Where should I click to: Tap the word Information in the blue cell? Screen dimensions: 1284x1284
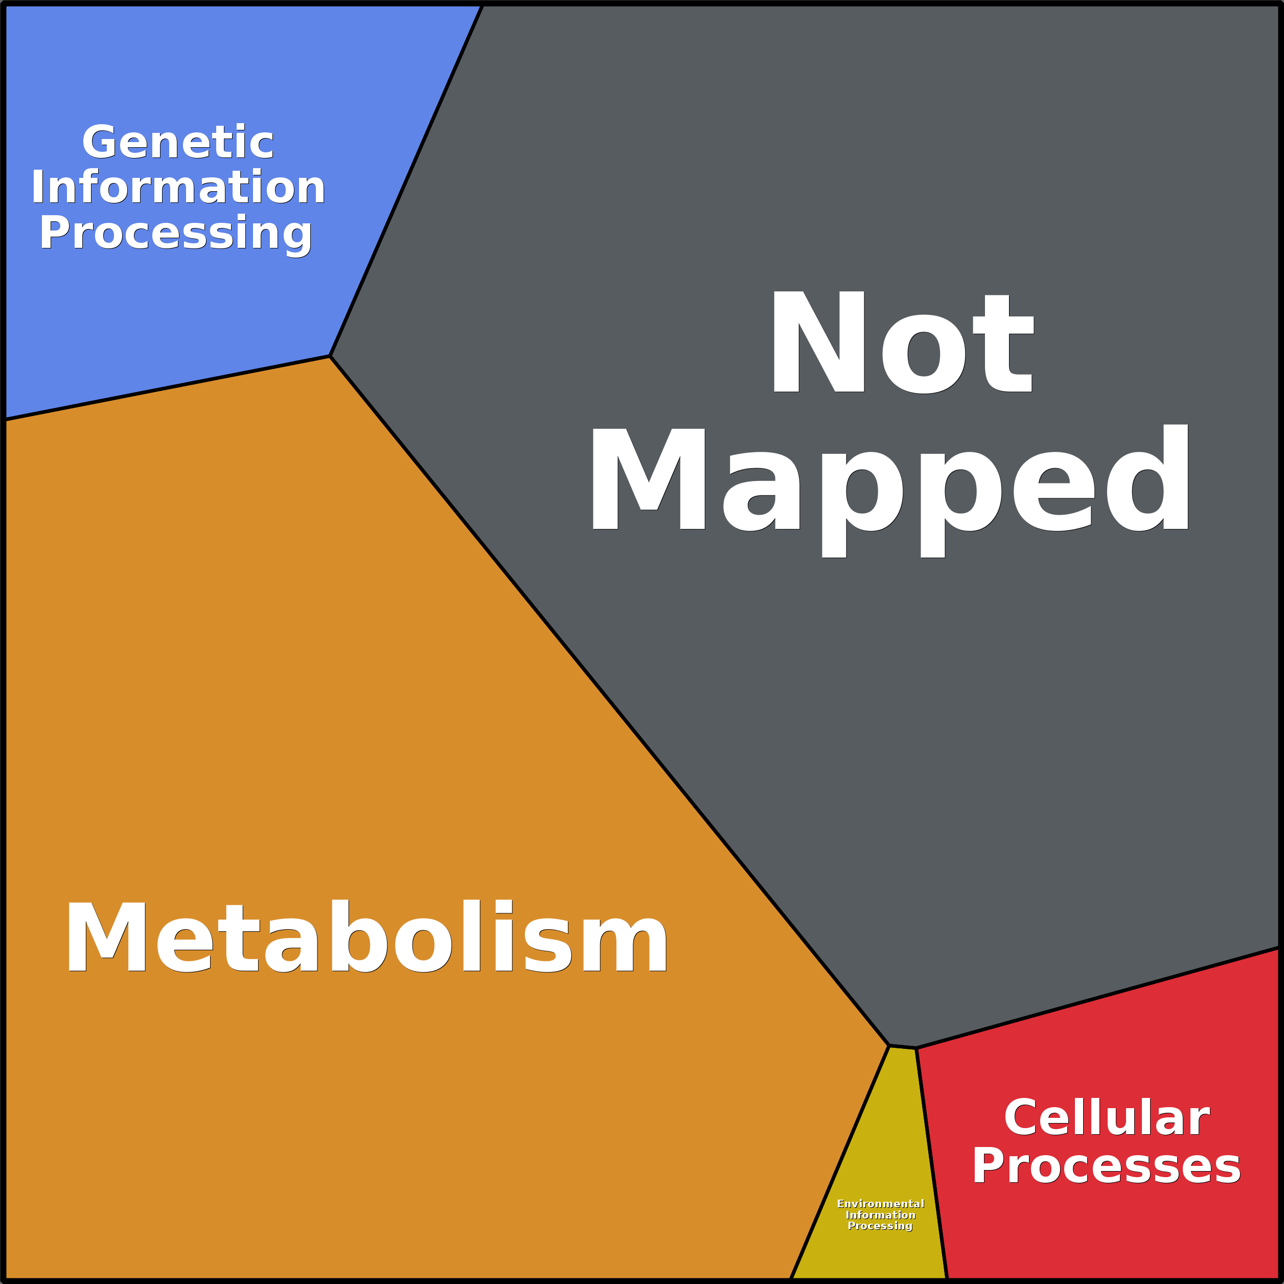click(x=178, y=188)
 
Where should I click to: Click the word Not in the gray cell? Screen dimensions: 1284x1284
click(x=901, y=342)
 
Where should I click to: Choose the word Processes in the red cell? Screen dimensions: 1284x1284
click(x=1106, y=1166)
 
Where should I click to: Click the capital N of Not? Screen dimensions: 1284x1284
click(x=817, y=342)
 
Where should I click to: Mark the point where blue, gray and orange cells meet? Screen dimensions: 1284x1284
click(x=330, y=356)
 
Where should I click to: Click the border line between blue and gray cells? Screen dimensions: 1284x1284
click(x=406, y=179)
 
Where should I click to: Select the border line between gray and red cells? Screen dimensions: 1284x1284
click(x=1096, y=998)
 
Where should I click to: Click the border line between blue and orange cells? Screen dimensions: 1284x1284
click(x=166, y=388)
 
